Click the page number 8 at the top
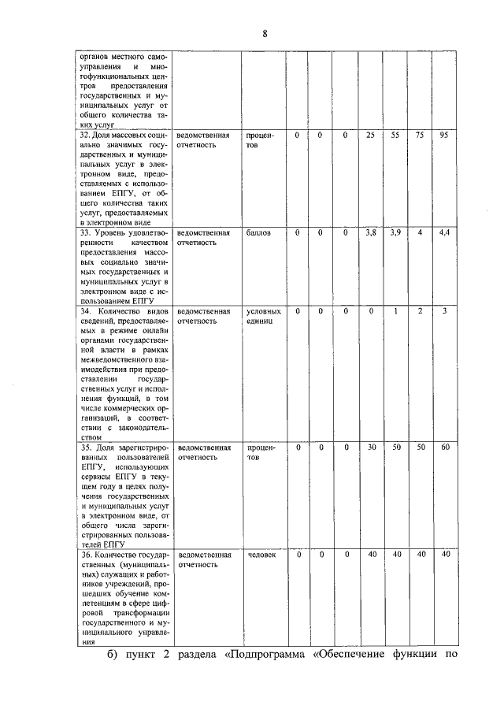click(265, 32)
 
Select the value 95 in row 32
click(445, 136)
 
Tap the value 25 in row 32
click(370, 136)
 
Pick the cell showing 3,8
click(370, 233)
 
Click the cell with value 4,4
click(445, 233)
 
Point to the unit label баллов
click(259, 234)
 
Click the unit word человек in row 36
click(261, 555)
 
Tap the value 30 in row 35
click(371, 447)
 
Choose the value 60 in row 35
click(445, 447)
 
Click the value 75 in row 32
click(421, 136)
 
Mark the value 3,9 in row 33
click(395, 233)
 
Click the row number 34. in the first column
click(87, 311)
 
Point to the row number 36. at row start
click(87, 555)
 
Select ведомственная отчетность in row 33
click(204, 238)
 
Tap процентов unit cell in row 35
click(260, 451)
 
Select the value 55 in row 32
click(395, 136)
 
